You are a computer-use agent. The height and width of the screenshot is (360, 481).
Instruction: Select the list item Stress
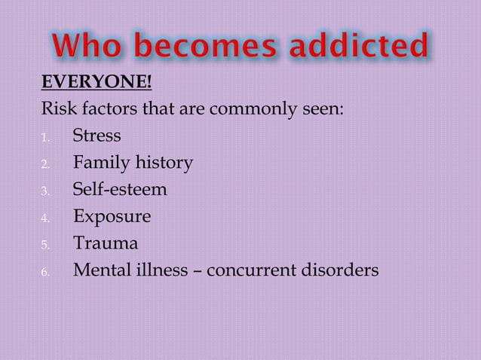96,136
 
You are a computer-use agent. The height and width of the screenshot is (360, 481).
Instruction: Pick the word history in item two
162,163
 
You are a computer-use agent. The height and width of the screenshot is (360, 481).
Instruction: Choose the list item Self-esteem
120,190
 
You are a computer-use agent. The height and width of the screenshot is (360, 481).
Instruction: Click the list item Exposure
112,217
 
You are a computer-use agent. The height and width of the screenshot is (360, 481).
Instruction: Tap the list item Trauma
105,243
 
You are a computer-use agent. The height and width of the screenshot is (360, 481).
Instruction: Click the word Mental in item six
101,270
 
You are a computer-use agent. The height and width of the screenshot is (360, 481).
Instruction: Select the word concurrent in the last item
250,270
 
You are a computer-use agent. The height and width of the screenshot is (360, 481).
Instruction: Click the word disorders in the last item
339,270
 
